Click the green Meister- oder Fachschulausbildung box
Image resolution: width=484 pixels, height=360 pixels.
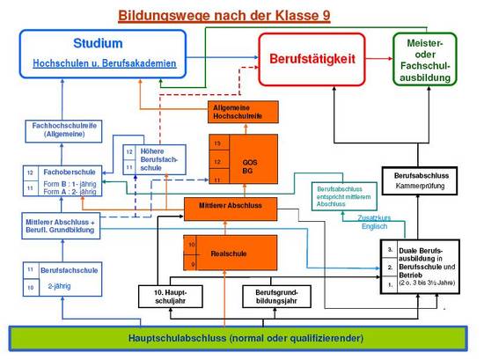pos(425,58)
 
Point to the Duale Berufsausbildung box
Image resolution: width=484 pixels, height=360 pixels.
pos(419,267)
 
